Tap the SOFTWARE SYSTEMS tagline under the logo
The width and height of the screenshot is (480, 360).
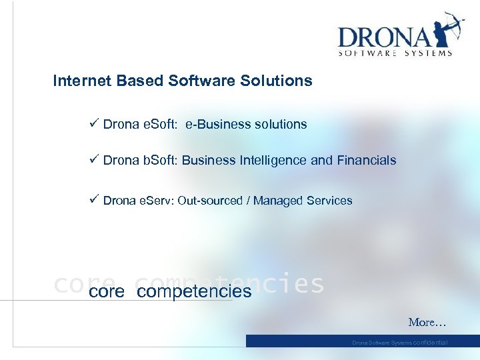[395, 53]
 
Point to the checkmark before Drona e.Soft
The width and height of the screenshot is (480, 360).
[94, 123]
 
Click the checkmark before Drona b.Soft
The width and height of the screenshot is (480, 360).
[94, 159]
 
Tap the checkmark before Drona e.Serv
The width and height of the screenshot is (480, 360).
[94, 199]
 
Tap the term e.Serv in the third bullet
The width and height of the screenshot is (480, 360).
[157, 200]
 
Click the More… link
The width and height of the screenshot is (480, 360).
[427, 323]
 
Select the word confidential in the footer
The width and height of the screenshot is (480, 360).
[431, 342]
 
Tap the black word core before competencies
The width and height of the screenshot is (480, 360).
[107, 291]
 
